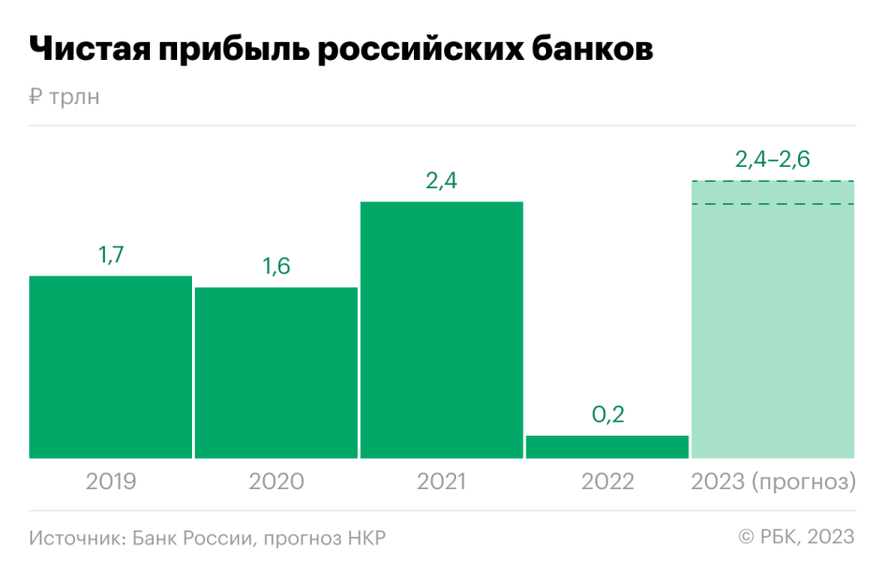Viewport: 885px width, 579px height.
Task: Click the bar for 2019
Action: (x=111, y=366)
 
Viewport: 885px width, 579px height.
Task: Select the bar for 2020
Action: (x=276, y=372)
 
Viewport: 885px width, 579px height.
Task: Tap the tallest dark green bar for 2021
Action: (x=441, y=330)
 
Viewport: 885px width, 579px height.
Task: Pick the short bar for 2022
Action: (x=607, y=447)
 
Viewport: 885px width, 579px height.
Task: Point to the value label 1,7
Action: (x=111, y=255)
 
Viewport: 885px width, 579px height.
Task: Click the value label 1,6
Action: (x=276, y=266)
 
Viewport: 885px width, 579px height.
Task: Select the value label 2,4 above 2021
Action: (x=441, y=181)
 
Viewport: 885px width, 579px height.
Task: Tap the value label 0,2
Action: (x=607, y=414)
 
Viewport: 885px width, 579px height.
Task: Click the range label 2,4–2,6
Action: (x=773, y=159)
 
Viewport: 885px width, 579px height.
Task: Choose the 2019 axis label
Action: (x=111, y=482)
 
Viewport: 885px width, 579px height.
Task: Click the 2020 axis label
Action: (x=276, y=482)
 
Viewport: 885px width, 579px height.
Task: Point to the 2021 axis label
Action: (x=441, y=482)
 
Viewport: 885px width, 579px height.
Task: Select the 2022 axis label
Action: (x=607, y=482)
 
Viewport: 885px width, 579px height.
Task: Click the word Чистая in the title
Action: (x=90, y=50)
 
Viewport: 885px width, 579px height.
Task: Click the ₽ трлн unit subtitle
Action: (x=64, y=96)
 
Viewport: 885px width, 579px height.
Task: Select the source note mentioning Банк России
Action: (x=207, y=538)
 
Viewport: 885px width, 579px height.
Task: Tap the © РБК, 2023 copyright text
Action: (x=796, y=537)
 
